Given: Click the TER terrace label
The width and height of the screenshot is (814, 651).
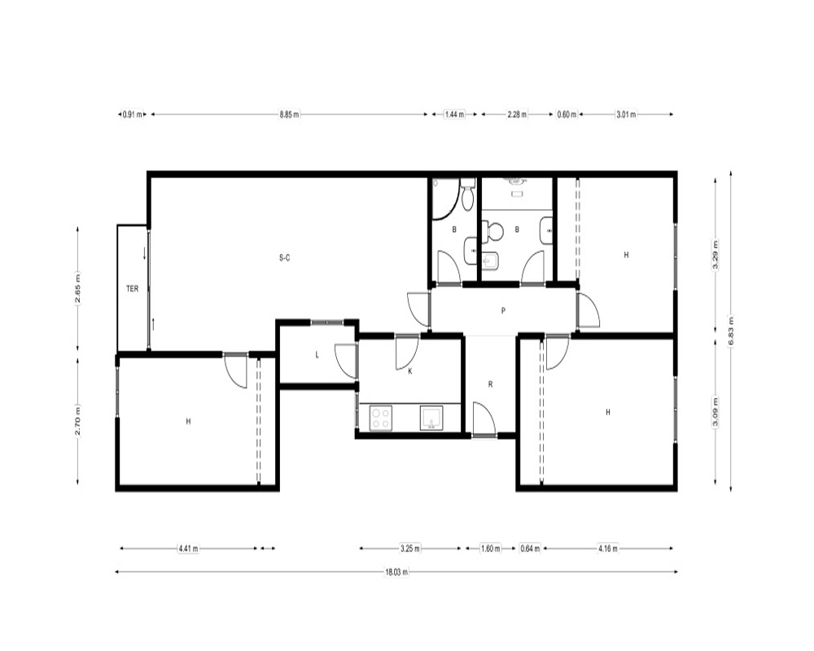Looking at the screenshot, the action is click(133, 289).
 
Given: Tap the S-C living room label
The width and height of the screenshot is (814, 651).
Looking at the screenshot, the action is click(284, 257).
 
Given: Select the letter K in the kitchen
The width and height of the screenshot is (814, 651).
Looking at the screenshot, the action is click(410, 371).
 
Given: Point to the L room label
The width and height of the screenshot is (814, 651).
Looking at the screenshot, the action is click(317, 355).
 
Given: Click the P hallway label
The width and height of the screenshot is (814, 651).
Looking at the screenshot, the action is click(503, 311).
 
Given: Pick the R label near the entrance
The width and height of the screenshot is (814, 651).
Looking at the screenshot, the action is click(490, 385).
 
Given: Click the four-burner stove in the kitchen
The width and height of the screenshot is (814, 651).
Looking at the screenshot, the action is click(380, 418).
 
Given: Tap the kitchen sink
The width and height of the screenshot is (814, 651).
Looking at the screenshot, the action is click(431, 418).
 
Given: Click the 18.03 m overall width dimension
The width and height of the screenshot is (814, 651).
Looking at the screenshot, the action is click(396, 572).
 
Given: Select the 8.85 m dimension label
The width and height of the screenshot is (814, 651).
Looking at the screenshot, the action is click(289, 114).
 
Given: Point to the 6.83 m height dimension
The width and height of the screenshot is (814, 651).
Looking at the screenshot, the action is click(730, 330).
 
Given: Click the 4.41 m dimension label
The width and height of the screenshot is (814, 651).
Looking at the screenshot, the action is click(188, 548).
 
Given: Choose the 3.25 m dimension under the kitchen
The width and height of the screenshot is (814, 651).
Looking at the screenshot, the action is click(410, 548).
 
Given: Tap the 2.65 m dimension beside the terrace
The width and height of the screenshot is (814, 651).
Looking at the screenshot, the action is click(78, 289).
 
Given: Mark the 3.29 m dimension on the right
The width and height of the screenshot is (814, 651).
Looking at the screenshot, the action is click(716, 255).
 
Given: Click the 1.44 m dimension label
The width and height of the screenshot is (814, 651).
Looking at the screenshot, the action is click(454, 114).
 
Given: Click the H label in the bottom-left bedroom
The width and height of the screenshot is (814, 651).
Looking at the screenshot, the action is click(189, 422).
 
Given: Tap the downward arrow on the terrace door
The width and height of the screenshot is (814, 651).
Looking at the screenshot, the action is click(144, 254).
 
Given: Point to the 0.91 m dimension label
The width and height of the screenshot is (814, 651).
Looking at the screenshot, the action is click(132, 114).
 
